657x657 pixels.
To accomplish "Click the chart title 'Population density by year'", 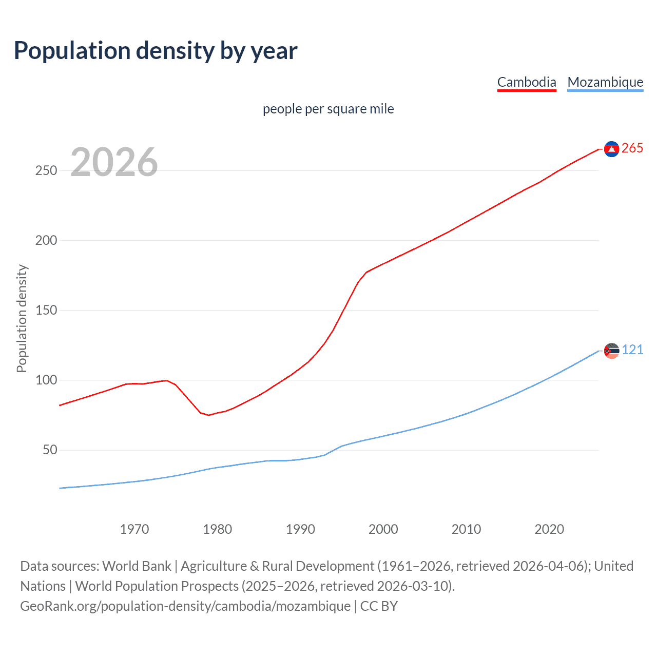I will pyautogui.click(x=156, y=51).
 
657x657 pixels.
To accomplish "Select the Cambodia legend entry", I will pyautogui.click(x=527, y=82).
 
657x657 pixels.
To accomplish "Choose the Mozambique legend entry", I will pyautogui.click(x=605, y=82).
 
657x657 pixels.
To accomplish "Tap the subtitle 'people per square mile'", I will pyautogui.click(x=328, y=109).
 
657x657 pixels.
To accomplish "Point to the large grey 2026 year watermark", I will pyautogui.click(x=114, y=162).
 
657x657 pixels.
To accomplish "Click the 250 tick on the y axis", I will pyautogui.click(x=46, y=170).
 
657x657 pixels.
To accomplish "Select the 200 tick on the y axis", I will pyautogui.click(x=46, y=240).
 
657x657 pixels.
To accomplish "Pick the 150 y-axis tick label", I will pyautogui.click(x=46, y=311).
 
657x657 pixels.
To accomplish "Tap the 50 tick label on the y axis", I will pyautogui.click(x=50, y=450).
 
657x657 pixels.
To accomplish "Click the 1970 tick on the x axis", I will pyautogui.click(x=134, y=529).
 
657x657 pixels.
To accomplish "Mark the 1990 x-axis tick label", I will pyautogui.click(x=300, y=529).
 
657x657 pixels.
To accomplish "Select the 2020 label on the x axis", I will pyautogui.click(x=549, y=529).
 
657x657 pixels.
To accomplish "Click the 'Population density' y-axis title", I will pyautogui.click(x=22, y=318).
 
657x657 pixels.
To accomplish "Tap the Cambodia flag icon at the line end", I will pyautogui.click(x=611, y=149).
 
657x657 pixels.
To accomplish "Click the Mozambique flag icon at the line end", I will pyautogui.click(x=611, y=351).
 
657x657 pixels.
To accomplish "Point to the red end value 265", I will pyautogui.click(x=632, y=148).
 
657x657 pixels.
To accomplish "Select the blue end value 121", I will pyautogui.click(x=632, y=350).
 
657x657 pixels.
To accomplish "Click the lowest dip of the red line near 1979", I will pyautogui.click(x=209, y=415).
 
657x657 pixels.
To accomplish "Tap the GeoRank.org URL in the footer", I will pyautogui.click(x=185, y=606).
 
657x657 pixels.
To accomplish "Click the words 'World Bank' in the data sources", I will pyautogui.click(x=137, y=566).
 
